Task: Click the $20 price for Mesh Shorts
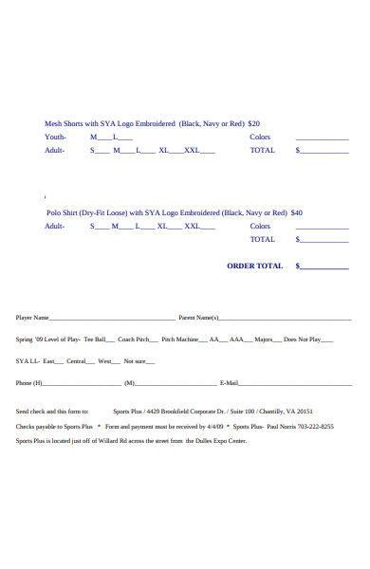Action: [x=253, y=123]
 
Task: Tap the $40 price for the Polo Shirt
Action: [x=297, y=213]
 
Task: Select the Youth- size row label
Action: [x=56, y=137]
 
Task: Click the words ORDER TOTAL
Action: [x=254, y=266]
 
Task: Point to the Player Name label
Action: [x=32, y=318]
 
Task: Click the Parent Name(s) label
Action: [x=199, y=318]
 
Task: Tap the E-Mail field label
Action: [x=229, y=383]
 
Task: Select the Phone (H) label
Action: [x=29, y=383]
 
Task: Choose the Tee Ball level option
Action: [x=95, y=339]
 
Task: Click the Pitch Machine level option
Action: [x=180, y=339]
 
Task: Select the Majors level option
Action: [x=264, y=339]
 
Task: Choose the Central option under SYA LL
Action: [x=76, y=361]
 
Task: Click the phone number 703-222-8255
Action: [x=314, y=427]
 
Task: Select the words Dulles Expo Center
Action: [x=222, y=441]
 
